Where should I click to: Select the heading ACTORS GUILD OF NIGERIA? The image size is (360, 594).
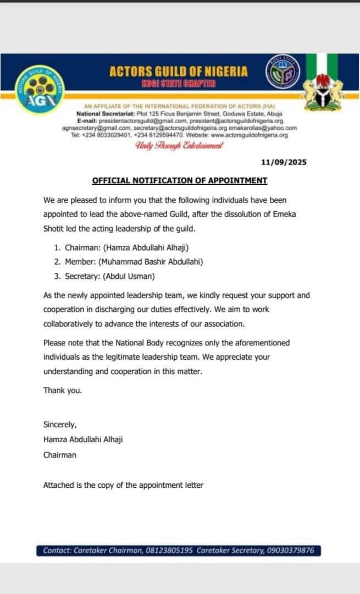179,71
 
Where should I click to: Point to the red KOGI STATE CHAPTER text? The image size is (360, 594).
179,84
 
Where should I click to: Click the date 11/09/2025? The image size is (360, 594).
284,162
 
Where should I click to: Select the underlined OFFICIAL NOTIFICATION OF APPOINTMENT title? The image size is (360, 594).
180,180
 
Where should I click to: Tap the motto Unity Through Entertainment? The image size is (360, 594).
179,146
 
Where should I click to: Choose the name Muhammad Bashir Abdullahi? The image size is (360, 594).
151,262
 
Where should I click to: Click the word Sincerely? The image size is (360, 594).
60,424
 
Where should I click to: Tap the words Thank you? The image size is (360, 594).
63,390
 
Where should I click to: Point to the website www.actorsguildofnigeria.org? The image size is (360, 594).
250,135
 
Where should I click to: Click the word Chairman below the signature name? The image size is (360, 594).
60,455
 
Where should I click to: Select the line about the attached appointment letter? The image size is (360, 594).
123,485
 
